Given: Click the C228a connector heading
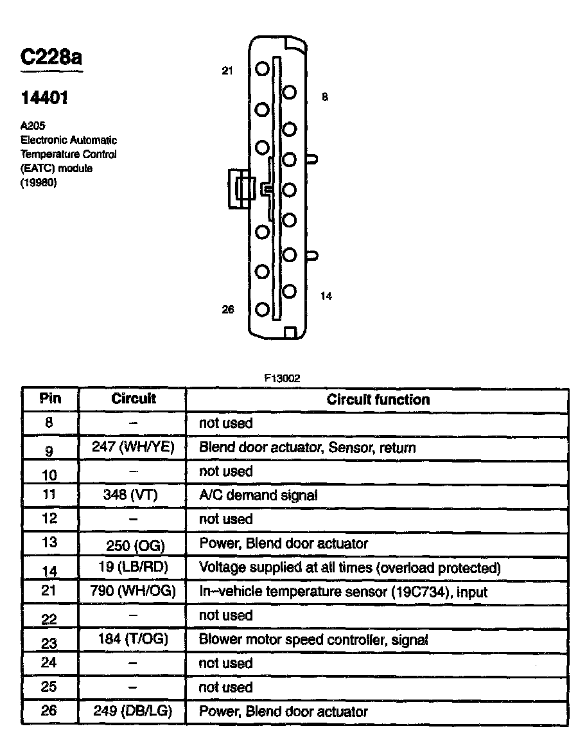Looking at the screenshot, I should (x=51, y=58).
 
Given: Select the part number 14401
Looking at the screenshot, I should (x=44, y=98).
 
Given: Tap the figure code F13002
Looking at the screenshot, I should (x=282, y=379).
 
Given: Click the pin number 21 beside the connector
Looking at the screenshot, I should (x=227, y=71).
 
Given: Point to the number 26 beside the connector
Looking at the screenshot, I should (x=228, y=310).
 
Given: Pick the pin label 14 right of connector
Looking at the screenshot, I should (x=326, y=296).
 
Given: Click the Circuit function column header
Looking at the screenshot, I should (x=378, y=400).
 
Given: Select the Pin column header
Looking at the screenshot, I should (x=50, y=398).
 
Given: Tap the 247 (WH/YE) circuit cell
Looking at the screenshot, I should (x=134, y=447).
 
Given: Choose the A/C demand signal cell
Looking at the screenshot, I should (x=258, y=495).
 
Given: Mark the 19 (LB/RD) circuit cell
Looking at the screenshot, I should (x=135, y=568).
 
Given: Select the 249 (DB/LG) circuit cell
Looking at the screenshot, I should (x=134, y=711).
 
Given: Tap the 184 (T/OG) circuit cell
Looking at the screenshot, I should (x=134, y=640).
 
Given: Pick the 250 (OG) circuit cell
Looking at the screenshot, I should (x=135, y=546).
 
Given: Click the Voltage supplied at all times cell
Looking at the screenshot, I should (x=349, y=568).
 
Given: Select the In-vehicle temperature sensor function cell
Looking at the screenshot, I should (x=344, y=591).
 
